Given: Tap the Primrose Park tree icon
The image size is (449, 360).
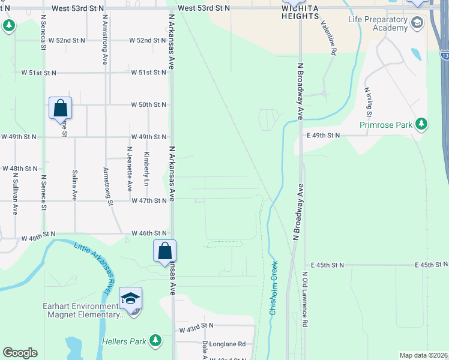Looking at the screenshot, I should [422, 124].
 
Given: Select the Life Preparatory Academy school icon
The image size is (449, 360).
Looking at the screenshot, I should [417, 23].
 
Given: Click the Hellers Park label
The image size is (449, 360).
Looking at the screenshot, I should [128, 341].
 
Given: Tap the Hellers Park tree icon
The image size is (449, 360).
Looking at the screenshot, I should [155, 341].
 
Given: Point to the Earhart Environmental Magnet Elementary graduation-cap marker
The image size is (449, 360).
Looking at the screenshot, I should [131, 298].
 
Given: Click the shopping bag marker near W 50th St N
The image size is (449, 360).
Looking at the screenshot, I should [60, 109].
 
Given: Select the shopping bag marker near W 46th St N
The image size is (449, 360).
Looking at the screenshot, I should [164, 251].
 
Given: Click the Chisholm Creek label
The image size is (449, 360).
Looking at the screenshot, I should [274, 288].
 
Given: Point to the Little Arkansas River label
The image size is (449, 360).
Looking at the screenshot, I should [94, 264].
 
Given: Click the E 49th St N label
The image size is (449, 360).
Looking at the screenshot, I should [322, 136].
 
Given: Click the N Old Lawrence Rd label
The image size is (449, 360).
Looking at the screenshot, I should [305, 299].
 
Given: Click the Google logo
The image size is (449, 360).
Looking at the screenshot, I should [20, 353].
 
